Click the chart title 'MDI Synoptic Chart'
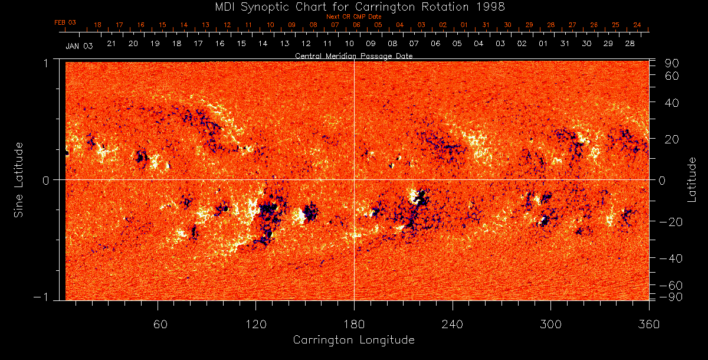pos(269,6)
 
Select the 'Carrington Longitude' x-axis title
pos(353,340)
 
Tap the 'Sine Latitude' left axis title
pos(18,179)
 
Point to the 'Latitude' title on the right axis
pos(691,179)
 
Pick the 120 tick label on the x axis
pos(255,324)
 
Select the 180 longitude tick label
pos(353,324)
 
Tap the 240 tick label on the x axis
pos(452,324)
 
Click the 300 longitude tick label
pos(550,324)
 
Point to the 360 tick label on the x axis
pos(648,324)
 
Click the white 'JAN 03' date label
pos(79,45)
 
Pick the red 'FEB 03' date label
pos(65,22)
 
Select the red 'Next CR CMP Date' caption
pos(353,17)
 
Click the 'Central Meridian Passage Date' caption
pos(353,55)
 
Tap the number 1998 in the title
pos(491,6)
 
